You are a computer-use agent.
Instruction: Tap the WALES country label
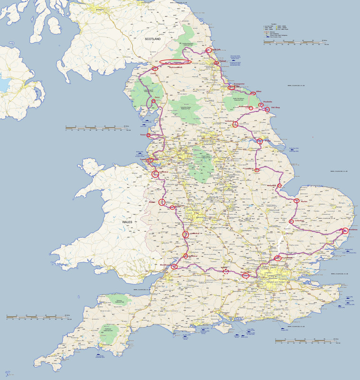click(x=127, y=222)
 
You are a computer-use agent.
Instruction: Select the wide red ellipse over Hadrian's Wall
click(x=175, y=61)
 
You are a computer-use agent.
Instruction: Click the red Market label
click(x=304, y=201)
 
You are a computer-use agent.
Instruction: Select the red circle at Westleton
click(x=345, y=231)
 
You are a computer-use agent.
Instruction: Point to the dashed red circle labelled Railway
click(x=226, y=272)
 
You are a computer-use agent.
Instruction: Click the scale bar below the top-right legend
click(x=296, y=41)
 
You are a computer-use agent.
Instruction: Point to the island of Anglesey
click(x=93, y=167)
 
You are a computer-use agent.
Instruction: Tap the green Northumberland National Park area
click(x=187, y=36)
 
